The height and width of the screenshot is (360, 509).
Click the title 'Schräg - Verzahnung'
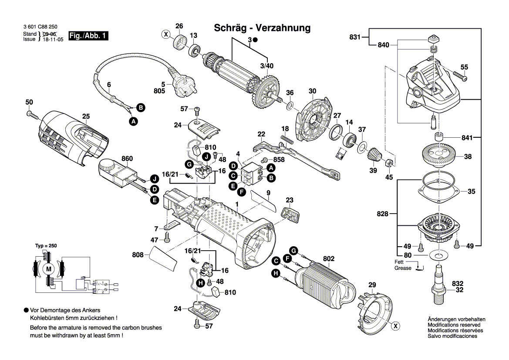point(262,28)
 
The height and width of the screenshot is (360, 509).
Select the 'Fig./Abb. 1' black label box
point(89,36)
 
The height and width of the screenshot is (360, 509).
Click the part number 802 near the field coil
point(328,259)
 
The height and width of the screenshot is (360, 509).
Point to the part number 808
point(138,254)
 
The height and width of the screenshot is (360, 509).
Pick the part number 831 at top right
point(355,37)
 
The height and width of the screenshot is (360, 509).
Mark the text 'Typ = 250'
point(46,246)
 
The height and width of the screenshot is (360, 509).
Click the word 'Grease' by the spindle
point(403,268)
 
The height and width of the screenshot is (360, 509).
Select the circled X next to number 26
point(165,34)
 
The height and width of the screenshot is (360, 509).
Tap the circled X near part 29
point(395,325)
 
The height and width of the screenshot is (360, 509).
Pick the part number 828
point(383,214)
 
